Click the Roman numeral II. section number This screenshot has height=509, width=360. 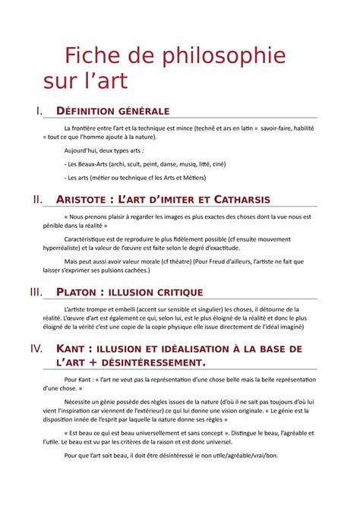click(x=38, y=200)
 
